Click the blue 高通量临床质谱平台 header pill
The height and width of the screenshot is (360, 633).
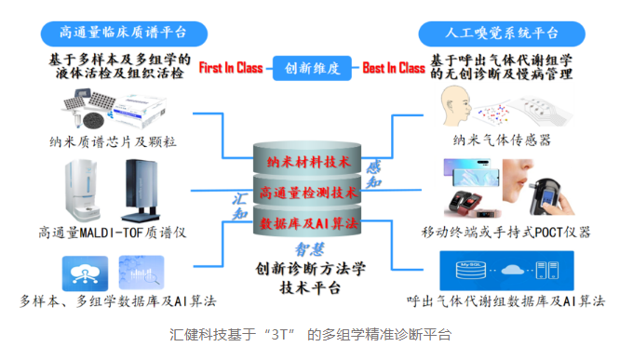coord(124,33)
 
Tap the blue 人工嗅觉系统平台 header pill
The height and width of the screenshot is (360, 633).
coord(502,33)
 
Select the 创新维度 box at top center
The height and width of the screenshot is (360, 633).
coord(312,68)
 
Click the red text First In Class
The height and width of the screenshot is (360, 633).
coord(231,68)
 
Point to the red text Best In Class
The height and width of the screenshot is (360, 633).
coord(394,68)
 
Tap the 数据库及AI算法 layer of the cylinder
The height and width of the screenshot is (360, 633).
coord(307,221)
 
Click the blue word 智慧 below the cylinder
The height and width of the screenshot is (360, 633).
coord(310,249)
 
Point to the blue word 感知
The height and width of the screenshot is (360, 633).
coord(374,174)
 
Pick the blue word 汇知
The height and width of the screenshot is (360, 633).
coord(240,206)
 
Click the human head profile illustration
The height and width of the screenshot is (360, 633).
coord(455,106)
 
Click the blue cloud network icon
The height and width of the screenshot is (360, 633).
coord(86,273)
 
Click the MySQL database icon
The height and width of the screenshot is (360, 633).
coord(471,270)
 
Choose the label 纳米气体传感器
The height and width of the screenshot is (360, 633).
coord(502,140)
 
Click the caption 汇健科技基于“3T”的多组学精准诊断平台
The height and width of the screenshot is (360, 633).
coord(310,335)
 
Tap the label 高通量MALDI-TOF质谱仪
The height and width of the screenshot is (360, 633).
coord(113,233)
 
